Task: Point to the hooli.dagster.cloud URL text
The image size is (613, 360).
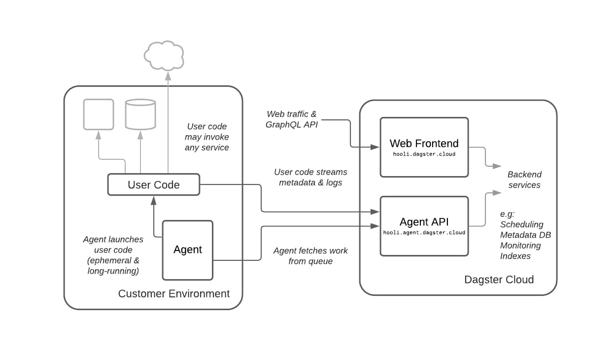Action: tap(424, 154)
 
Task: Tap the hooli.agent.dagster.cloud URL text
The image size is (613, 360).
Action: tap(424, 233)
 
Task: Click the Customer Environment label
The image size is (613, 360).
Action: tap(174, 294)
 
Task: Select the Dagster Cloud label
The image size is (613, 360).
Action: tap(499, 280)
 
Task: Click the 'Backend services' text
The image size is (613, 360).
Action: tap(524, 180)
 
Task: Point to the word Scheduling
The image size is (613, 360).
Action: tap(522, 224)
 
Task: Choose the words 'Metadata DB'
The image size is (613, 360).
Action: tap(525, 235)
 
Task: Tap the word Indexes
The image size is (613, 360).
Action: tap(515, 256)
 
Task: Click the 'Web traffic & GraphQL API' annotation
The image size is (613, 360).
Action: tap(292, 119)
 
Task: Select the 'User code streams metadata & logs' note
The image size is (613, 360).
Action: tap(310, 177)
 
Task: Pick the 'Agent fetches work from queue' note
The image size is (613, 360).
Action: tap(310, 256)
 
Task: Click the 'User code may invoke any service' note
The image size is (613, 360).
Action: tap(207, 137)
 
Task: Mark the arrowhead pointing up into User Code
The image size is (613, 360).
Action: tap(154, 201)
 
